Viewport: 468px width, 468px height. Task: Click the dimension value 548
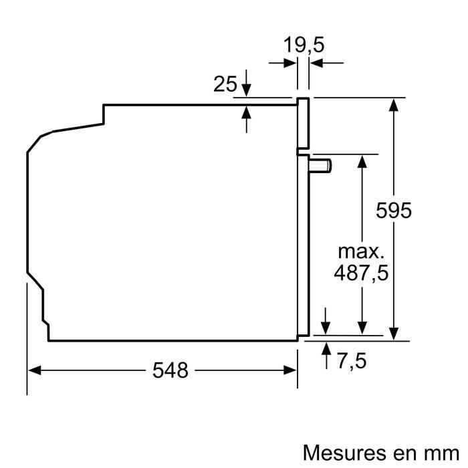coord(170,370)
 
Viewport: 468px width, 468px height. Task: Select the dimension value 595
coord(393,211)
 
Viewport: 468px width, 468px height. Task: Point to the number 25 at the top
coord(225,84)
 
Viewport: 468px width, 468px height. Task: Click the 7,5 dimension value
coord(352,362)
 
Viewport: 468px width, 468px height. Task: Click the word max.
coord(361,251)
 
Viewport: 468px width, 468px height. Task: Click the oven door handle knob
coord(325,164)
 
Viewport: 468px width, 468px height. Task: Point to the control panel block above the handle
coord(304,123)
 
